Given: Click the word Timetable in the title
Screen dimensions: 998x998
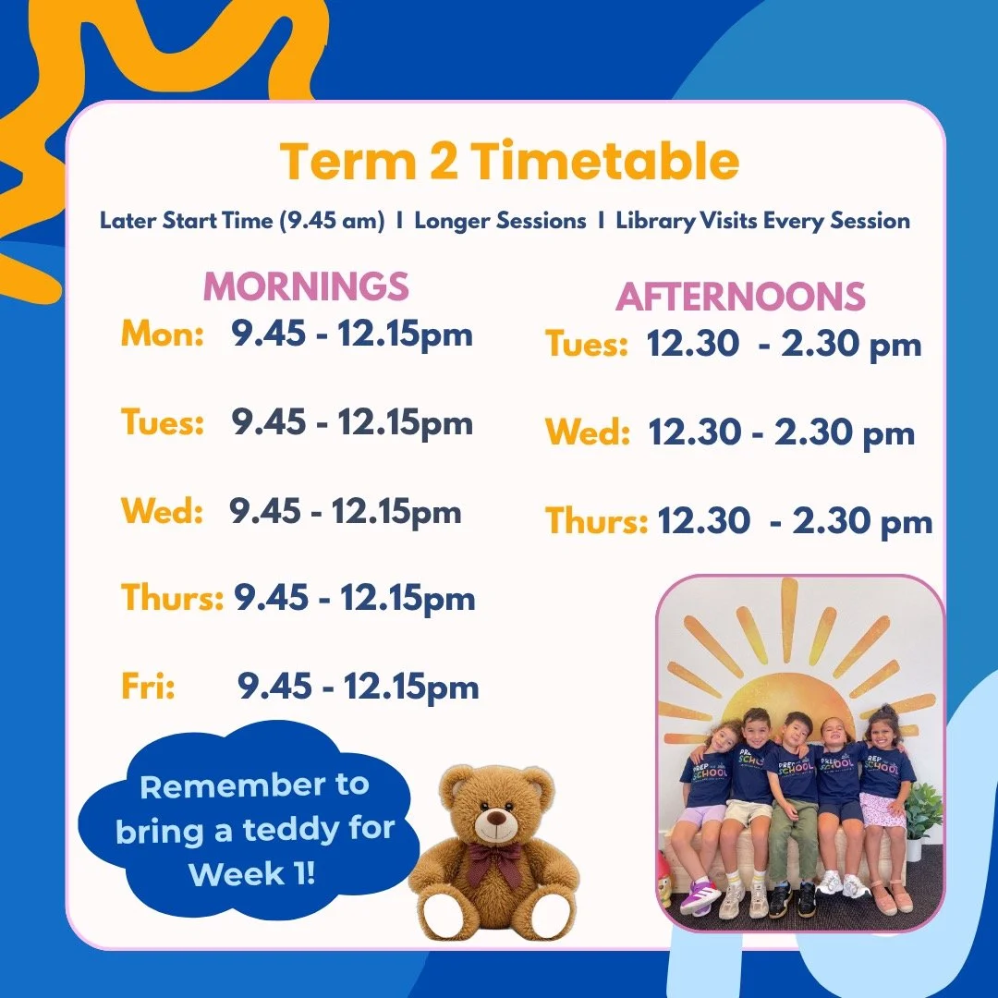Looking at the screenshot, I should point(605,163).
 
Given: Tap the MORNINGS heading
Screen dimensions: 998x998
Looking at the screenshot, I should point(306,286).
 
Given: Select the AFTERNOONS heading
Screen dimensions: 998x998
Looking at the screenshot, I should point(741,297).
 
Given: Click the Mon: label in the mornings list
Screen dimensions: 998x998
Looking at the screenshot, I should point(163,335).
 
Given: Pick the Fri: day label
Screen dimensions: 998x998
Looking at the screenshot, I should point(148,687).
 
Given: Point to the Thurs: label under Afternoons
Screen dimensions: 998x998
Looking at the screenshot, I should point(596,521).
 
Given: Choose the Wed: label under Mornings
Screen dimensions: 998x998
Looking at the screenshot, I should point(162,511).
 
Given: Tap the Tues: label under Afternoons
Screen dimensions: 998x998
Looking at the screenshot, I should point(587,345).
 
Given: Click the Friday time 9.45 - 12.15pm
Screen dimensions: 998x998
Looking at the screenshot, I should point(359,687).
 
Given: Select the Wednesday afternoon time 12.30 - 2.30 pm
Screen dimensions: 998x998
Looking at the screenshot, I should point(781,433).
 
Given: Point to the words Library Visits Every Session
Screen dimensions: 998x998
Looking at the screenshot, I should point(762,221).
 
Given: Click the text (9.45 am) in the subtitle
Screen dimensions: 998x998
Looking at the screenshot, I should point(336,221).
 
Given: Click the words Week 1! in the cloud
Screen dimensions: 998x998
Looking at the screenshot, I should point(252,872).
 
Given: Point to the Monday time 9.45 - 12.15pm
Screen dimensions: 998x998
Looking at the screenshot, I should point(352,335).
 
